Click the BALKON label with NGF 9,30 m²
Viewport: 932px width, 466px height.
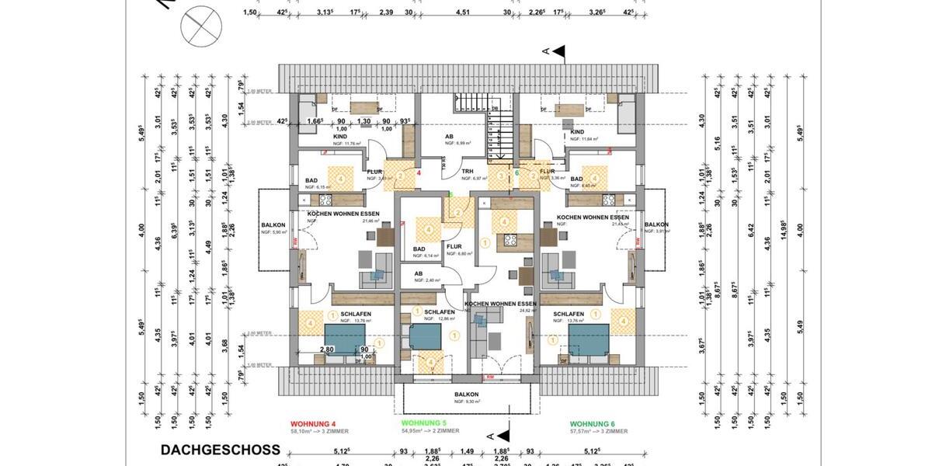467,395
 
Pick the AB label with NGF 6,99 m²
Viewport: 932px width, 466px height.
449,137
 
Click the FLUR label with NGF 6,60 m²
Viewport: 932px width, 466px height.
454,247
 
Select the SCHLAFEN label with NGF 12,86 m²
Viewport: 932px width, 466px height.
439,311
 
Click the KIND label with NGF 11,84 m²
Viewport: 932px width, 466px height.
577,133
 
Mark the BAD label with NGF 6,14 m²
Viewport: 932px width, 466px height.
419,249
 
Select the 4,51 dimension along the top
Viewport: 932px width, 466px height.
461,12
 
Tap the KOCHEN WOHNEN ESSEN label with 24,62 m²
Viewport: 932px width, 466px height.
501,304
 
